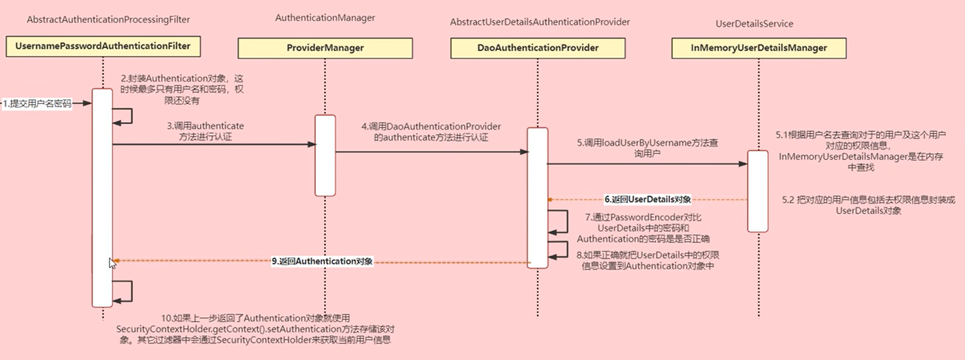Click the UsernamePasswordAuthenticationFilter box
pyautogui.click(x=103, y=46)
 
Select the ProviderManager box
pyautogui.click(x=325, y=48)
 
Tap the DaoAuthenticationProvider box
pyautogui.click(x=538, y=48)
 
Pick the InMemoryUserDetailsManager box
pyautogui.click(x=759, y=48)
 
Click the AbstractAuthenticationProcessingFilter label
pyautogui.click(x=108, y=20)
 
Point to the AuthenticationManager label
pyautogui.click(x=325, y=18)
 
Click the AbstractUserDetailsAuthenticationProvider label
pyautogui.click(x=540, y=22)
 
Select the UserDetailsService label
pyautogui.click(x=754, y=24)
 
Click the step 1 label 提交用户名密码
pyautogui.click(x=37, y=103)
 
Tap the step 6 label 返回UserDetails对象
pyautogui.click(x=647, y=200)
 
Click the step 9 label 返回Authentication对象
pyautogui.click(x=322, y=261)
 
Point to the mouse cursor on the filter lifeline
pyautogui.click(x=112, y=263)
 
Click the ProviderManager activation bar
pyautogui.click(x=325, y=155)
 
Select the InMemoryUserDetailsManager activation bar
pyautogui.click(x=758, y=191)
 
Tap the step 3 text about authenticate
pyautogui.click(x=205, y=132)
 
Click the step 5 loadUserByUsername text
pyautogui.click(x=647, y=148)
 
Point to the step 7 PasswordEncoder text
pyautogui.click(x=643, y=228)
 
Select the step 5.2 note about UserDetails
pyautogui.click(x=868, y=205)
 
